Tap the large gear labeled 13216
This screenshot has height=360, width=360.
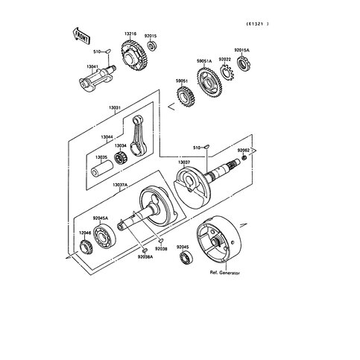point(133,54)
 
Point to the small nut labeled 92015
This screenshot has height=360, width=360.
point(151,47)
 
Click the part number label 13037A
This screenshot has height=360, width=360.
point(120,184)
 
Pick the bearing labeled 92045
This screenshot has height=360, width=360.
point(183,258)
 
